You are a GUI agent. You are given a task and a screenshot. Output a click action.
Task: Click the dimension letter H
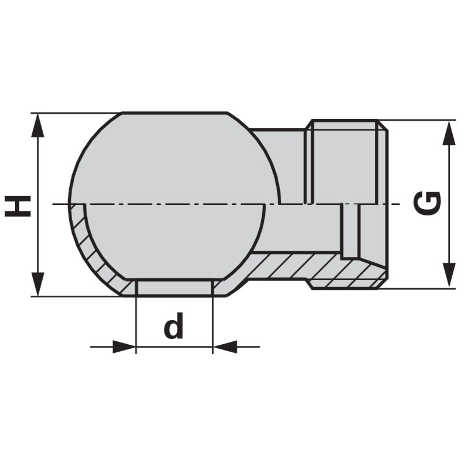click(x=18, y=206)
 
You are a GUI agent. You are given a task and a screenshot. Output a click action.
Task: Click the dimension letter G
click(x=429, y=203)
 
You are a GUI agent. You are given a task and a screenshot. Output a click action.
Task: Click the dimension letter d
click(x=173, y=327)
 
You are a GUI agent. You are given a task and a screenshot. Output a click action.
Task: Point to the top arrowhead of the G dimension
click(x=448, y=132)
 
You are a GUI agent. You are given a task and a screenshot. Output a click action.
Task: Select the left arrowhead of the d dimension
click(x=124, y=347)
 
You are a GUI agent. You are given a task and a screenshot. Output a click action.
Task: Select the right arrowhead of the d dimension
click(x=225, y=347)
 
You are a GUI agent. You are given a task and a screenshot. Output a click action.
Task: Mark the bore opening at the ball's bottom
click(x=174, y=288)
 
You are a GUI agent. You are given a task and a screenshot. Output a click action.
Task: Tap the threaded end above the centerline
click(x=346, y=162)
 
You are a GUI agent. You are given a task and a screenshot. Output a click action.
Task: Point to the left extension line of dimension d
click(x=136, y=323)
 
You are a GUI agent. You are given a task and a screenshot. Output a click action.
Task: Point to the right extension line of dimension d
click(x=213, y=323)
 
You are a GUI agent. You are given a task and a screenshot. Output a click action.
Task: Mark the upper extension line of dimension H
click(x=75, y=113)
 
